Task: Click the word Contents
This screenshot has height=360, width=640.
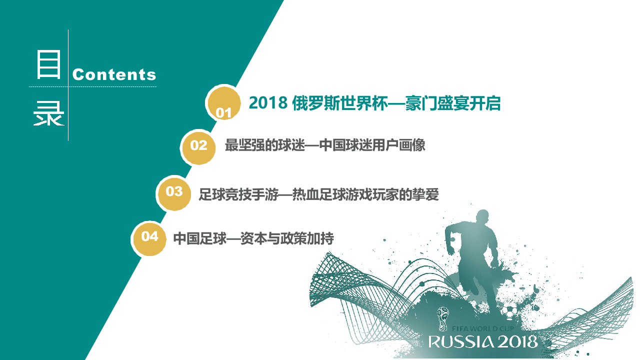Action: click(114, 74)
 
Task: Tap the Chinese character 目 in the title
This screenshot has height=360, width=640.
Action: click(48, 65)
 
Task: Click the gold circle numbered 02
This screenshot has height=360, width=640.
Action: click(198, 145)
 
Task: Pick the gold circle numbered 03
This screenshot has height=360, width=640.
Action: click(174, 191)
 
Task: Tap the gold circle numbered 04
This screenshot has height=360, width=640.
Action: click(149, 236)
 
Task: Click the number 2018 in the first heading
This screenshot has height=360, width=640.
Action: click(267, 103)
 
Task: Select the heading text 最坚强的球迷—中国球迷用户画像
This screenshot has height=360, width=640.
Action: click(325, 145)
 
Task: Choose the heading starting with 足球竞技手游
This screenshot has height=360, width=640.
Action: click(318, 194)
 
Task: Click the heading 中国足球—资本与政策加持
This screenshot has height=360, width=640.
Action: click(253, 238)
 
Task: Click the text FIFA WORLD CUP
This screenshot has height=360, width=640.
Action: click(481, 328)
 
